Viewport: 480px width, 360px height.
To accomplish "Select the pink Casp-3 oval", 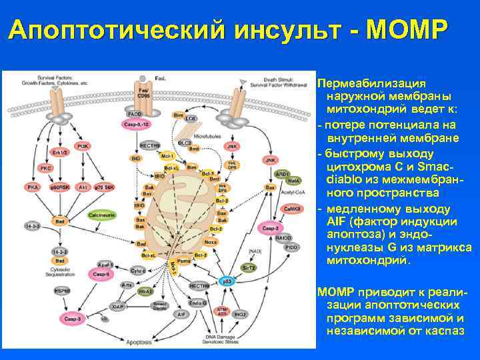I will pos(59,320).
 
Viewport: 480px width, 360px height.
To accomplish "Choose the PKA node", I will pos(33,188).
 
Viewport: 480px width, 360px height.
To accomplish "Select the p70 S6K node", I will pos(103,188).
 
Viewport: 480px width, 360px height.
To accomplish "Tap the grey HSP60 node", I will pos(61,291).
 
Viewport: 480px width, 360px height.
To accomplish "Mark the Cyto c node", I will pos(137,271).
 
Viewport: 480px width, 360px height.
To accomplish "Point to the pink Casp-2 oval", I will pos(270,229).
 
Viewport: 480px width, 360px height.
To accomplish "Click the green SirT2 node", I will pos(249,266).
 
